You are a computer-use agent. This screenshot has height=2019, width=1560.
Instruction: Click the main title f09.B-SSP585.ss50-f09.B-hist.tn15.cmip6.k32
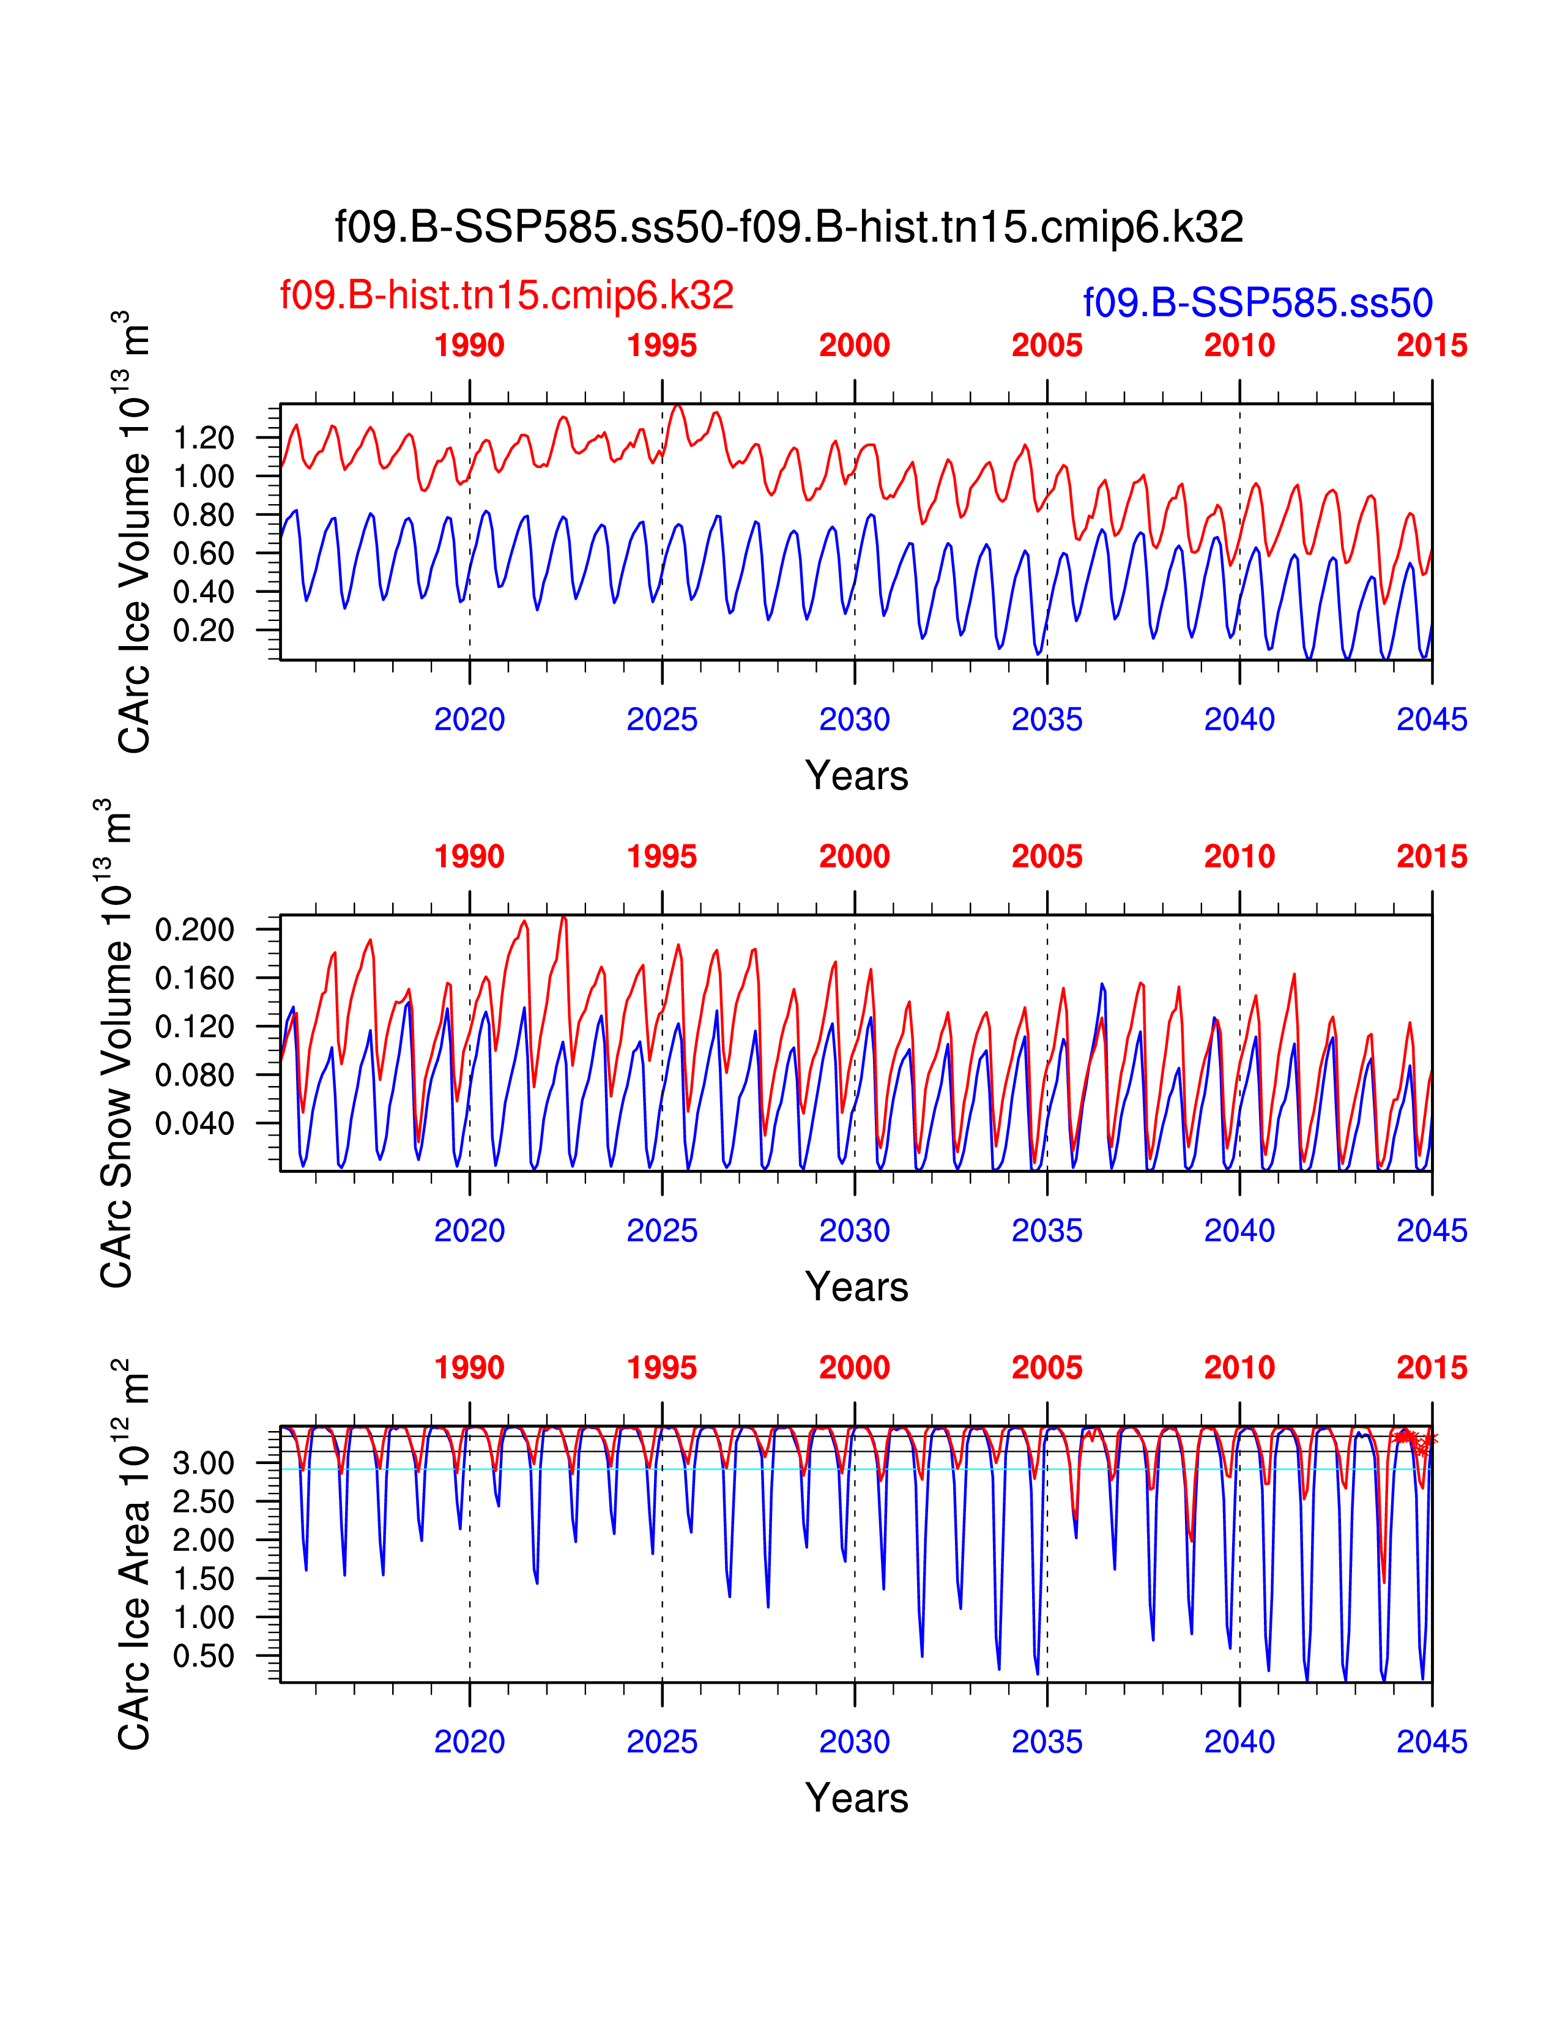click(x=789, y=226)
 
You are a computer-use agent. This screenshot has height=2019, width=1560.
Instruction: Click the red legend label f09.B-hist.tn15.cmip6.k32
click(x=507, y=295)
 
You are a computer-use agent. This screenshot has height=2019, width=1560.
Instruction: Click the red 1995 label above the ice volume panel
click(x=662, y=346)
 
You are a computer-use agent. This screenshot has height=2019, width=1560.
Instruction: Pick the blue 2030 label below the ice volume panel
click(x=854, y=719)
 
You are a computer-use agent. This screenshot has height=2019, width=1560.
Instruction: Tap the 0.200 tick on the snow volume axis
click(x=194, y=929)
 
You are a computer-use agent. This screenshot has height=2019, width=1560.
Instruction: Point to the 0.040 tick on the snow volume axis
click(x=194, y=1123)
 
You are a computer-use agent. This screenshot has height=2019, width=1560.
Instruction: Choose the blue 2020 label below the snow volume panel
click(x=469, y=1230)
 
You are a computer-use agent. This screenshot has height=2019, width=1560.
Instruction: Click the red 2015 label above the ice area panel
click(x=1432, y=1367)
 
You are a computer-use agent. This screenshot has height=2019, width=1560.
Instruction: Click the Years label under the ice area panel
click(x=856, y=1798)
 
